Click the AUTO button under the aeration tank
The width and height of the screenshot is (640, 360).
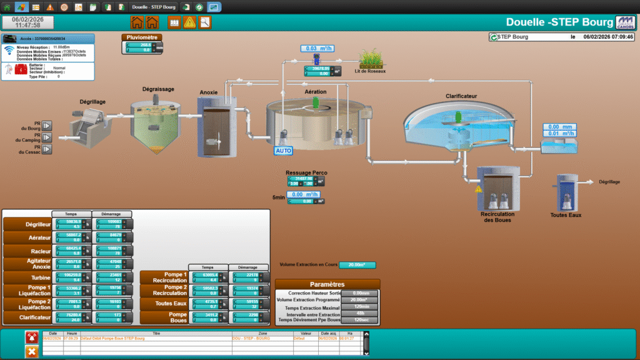[x=283, y=151]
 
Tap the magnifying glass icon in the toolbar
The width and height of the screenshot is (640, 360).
[x=204, y=23]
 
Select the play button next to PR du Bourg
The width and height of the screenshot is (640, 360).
[x=47, y=126]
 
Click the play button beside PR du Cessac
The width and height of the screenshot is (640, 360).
[x=47, y=149]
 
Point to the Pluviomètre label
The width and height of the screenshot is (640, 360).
[x=141, y=37]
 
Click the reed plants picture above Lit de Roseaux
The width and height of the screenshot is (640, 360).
[x=370, y=59]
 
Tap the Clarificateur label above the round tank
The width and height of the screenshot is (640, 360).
[x=462, y=96]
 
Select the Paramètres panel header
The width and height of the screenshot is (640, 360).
[x=327, y=284]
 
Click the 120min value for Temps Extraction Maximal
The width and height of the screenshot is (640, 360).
[x=360, y=306]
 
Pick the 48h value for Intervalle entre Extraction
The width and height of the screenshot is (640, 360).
[x=360, y=314]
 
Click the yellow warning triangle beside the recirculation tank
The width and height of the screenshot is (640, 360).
[x=479, y=189]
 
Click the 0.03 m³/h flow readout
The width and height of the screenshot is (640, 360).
[x=317, y=48]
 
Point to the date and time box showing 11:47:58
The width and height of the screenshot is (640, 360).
[x=27, y=22]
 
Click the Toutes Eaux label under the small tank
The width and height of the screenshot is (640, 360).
[x=566, y=215]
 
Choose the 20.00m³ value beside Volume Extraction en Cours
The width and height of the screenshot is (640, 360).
[x=357, y=265]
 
